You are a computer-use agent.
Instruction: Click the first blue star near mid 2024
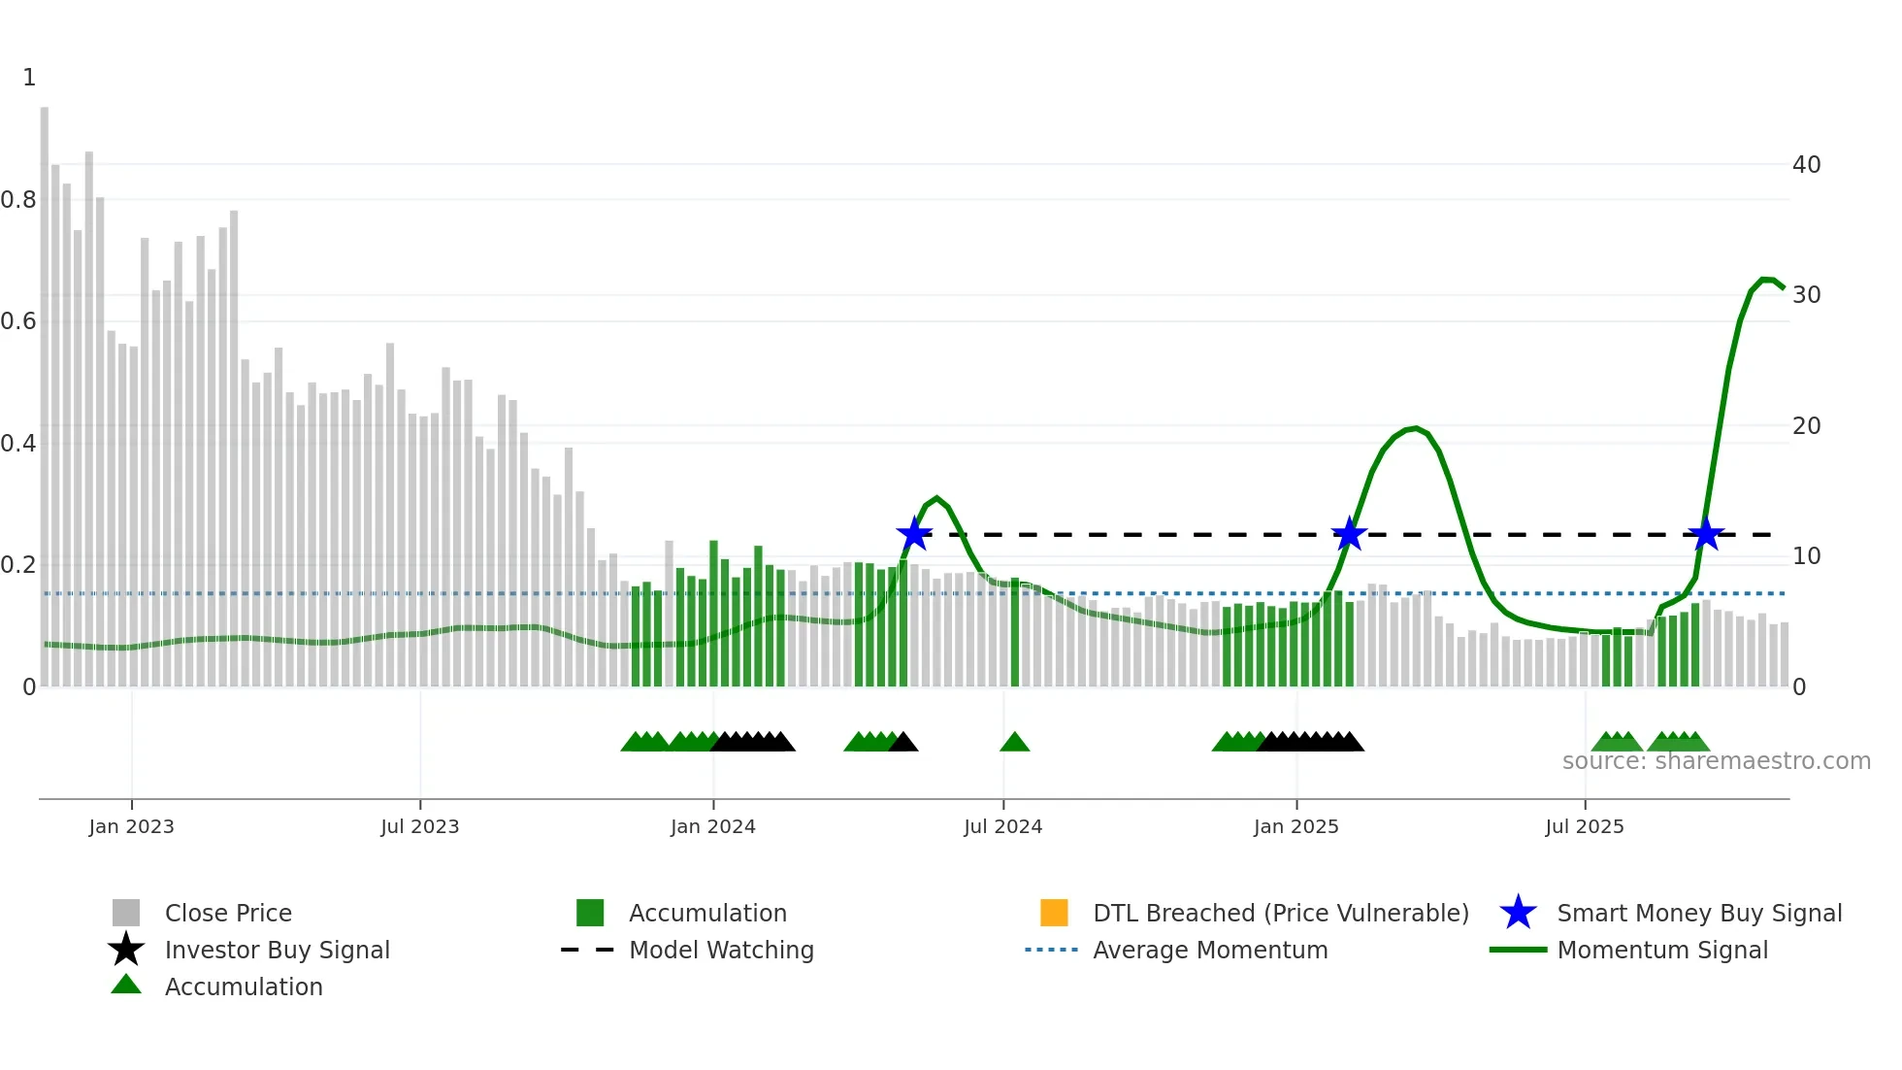pyautogui.click(x=914, y=534)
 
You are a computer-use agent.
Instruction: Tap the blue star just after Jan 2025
pyautogui.click(x=1349, y=534)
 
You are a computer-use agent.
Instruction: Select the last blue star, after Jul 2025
pyautogui.click(x=1705, y=534)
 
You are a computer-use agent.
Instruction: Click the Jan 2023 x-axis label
pyautogui.click(x=131, y=827)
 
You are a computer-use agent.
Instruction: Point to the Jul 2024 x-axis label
pyautogui.click(x=1002, y=827)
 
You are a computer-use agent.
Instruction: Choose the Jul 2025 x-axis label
pyautogui.click(x=1584, y=827)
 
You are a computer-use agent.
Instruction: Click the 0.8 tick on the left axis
pyautogui.click(x=18, y=200)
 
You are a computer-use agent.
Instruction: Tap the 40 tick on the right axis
pyautogui.click(x=1806, y=165)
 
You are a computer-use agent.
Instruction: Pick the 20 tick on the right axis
pyautogui.click(x=1806, y=426)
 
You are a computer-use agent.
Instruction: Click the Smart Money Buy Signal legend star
pyautogui.click(x=1518, y=914)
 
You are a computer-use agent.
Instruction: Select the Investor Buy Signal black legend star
pyautogui.click(x=126, y=951)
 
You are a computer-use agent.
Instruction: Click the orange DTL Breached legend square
pyautogui.click(x=1054, y=914)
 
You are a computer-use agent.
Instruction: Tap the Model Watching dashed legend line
pyautogui.click(x=588, y=951)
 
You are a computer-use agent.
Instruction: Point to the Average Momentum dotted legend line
pyautogui.click(x=1051, y=951)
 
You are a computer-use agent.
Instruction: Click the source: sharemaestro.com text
pyautogui.click(x=1716, y=761)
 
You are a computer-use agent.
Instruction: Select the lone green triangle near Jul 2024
pyautogui.click(x=1014, y=743)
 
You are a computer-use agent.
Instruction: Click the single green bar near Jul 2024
pyautogui.click(x=1015, y=631)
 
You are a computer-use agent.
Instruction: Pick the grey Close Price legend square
pyautogui.click(x=126, y=914)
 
